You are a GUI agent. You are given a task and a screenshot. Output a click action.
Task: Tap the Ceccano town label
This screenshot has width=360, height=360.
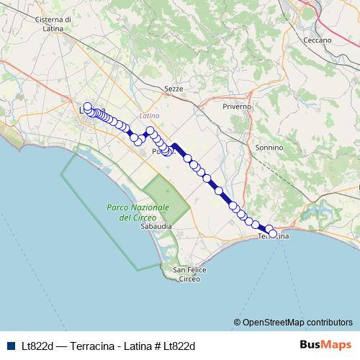(x=318, y=40)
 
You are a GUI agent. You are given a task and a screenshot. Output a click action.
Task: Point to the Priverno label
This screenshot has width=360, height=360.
(x=237, y=106)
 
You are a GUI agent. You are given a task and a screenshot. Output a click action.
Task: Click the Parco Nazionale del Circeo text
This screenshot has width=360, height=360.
(x=138, y=212)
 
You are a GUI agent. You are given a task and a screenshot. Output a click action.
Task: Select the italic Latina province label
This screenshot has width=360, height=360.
(x=150, y=115)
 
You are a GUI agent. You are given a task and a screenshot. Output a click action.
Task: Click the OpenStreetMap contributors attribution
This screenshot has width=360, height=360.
(x=297, y=322)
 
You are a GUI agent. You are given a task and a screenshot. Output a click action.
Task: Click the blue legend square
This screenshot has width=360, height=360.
(x=9, y=346)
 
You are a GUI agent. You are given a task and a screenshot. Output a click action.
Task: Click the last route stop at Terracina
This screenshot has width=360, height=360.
(x=273, y=233)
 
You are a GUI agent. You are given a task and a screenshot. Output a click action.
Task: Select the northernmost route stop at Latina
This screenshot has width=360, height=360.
(x=88, y=107)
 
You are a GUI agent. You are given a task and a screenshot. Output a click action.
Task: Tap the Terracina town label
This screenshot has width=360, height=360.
(x=274, y=237)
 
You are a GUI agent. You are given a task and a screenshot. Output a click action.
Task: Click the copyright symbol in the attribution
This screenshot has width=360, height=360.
(x=237, y=322)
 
